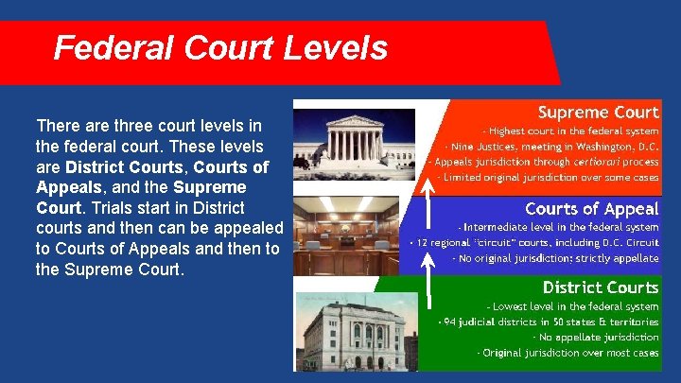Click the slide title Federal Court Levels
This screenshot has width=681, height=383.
(220, 47)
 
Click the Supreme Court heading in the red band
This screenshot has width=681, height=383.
(598, 113)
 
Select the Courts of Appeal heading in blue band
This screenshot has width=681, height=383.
(591, 208)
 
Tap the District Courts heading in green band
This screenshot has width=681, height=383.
(600, 287)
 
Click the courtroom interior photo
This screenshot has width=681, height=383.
(354, 235)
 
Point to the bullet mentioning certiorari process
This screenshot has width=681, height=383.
(547, 162)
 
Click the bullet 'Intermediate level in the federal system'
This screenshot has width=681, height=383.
(558, 227)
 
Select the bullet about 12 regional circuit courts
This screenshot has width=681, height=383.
(534, 242)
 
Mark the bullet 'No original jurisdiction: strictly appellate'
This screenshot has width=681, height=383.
(555, 257)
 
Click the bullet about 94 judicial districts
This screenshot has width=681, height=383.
(549, 322)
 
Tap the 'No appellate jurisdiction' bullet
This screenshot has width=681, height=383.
(595, 337)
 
